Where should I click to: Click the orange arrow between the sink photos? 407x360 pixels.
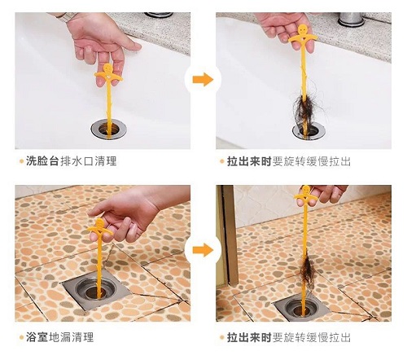coord(203,80)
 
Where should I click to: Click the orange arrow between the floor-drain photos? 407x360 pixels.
coord(203,250)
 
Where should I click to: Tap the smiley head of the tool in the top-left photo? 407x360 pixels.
coord(107,68)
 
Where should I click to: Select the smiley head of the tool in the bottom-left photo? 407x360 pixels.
coord(99,224)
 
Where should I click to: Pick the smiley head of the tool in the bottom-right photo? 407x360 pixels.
coord(305,189)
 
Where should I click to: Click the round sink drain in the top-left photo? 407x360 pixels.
coord(109,129)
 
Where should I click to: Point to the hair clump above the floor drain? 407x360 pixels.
coord(307,270)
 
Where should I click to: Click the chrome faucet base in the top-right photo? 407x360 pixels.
coord(352,20)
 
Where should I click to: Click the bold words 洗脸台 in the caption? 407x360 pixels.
coord(42,161)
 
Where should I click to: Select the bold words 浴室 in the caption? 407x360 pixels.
coord(37,337)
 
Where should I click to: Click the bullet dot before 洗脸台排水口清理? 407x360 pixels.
coord(22,161)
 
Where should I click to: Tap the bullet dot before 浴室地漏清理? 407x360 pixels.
coord(22,338)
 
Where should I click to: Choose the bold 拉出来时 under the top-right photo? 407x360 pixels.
coord(249,161)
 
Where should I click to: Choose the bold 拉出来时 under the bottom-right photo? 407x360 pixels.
coord(249,337)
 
